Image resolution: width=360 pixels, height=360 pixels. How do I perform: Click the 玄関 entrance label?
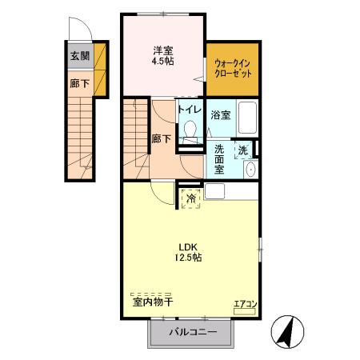click(x=80, y=56)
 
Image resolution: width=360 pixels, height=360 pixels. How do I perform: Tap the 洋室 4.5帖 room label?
click(x=162, y=55)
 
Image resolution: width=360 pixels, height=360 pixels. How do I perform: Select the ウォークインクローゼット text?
click(x=233, y=69)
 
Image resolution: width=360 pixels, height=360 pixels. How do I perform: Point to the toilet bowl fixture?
click(x=190, y=131)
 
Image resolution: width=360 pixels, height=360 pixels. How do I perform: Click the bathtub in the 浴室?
click(x=247, y=118)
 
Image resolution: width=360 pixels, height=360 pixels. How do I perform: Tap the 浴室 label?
click(x=221, y=115)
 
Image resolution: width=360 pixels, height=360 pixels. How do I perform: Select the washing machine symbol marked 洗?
click(x=243, y=150)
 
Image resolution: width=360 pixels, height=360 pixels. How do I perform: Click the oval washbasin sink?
click(x=250, y=170)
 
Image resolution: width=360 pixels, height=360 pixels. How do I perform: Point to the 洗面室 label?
click(x=219, y=159)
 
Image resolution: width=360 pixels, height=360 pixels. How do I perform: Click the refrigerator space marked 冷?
click(x=191, y=198)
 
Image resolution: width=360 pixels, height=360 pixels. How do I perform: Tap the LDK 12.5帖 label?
click(x=188, y=252)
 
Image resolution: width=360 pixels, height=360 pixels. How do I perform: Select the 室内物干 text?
click(x=153, y=302)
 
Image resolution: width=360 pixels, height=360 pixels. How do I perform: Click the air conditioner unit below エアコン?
click(x=244, y=311)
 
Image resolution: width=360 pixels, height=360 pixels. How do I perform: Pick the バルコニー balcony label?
click(x=193, y=332)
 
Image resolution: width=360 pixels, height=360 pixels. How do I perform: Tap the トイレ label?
click(x=190, y=110)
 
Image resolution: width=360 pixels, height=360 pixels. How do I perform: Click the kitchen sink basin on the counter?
click(x=214, y=191)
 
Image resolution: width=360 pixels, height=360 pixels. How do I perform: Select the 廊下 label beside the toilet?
click(x=161, y=139)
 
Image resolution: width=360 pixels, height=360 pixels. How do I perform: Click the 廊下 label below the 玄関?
click(x=80, y=83)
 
